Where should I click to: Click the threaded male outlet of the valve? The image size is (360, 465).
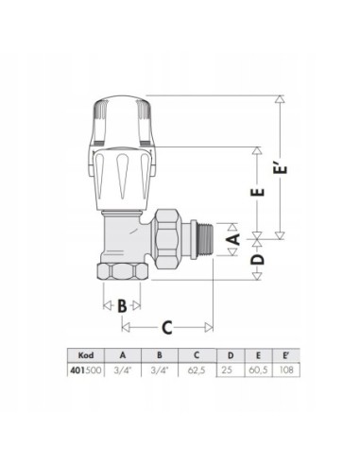[205, 241]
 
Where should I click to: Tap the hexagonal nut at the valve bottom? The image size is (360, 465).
[123, 275]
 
